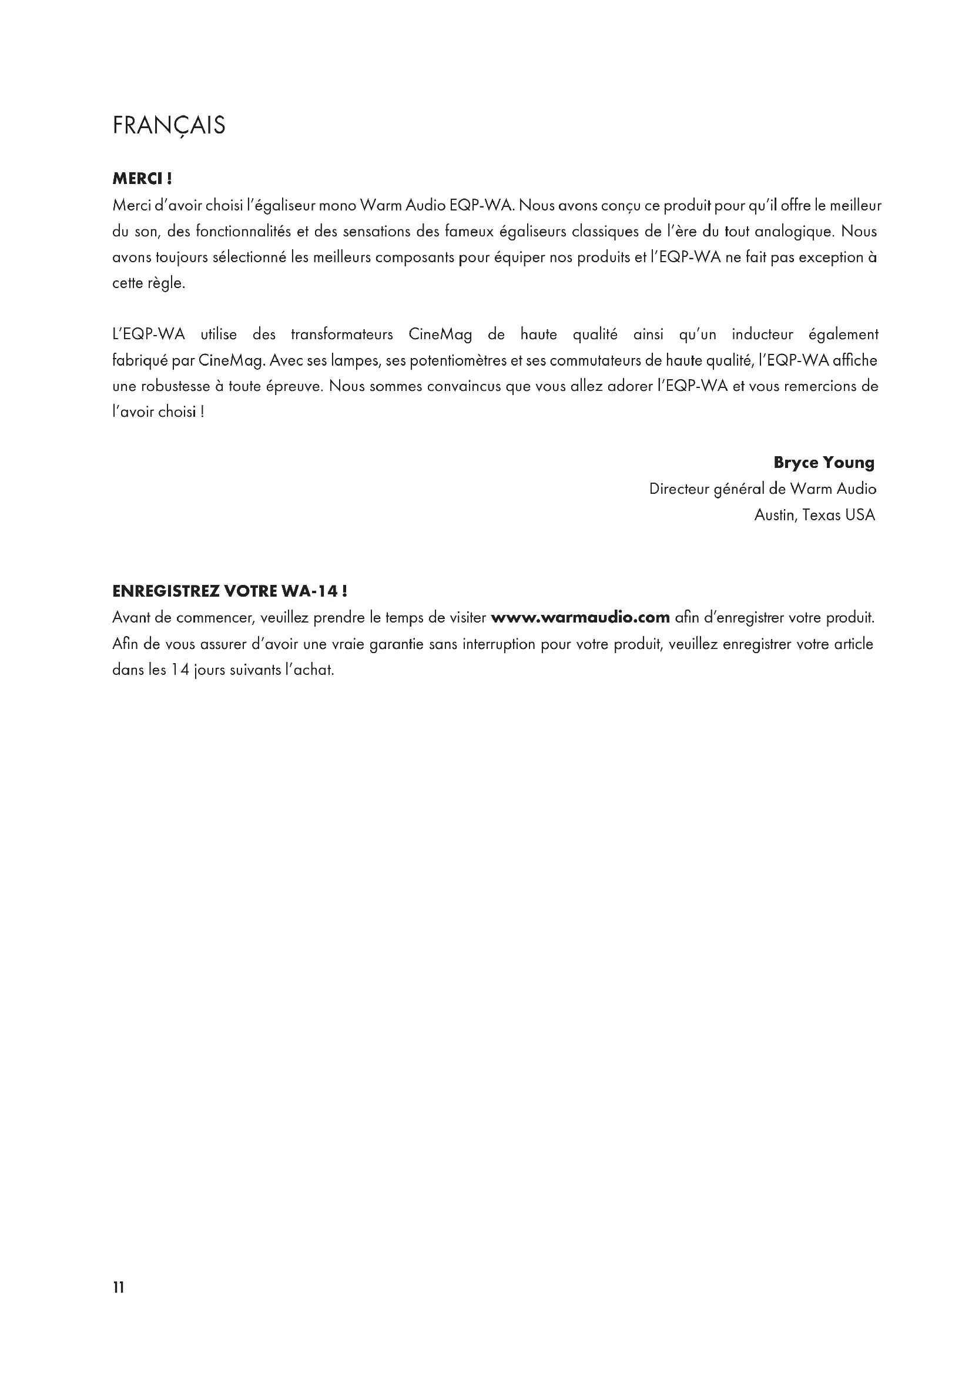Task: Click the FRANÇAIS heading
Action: click(x=169, y=126)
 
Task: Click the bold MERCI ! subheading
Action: click(x=142, y=179)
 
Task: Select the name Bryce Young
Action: click(x=823, y=462)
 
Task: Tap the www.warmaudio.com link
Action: click(x=579, y=617)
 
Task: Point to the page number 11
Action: click(x=119, y=1287)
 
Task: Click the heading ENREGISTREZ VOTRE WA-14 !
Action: click(x=230, y=592)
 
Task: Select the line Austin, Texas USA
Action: click(x=814, y=515)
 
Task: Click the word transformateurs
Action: click(x=342, y=334)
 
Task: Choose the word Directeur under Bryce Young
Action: click(x=679, y=489)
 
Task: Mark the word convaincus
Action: click(x=456, y=386)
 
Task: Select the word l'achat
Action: click(x=309, y=670)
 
